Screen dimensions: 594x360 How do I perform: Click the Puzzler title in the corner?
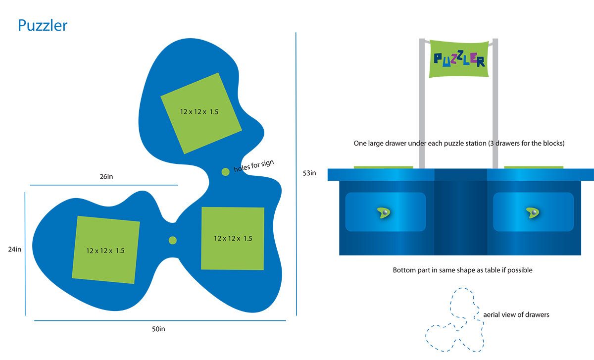[x=43, y=25]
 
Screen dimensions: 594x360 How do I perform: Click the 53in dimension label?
[x=310, y=173]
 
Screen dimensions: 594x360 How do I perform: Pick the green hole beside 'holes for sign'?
[x=225, y=172]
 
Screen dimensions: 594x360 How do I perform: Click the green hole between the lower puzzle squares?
[x=173, y=240]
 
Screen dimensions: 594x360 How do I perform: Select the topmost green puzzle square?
[x=201, y=113]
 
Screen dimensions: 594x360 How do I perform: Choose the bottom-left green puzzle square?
[x=106, y=250]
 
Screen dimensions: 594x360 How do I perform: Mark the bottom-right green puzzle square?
[x=233, y=239]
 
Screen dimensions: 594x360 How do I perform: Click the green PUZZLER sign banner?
[x=459, y=59]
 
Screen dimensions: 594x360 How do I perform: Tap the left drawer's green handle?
[x=385, y=212]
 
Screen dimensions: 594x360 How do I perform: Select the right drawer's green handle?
[x=533, y=212]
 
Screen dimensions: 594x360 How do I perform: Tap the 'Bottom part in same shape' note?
[x=462, y=270]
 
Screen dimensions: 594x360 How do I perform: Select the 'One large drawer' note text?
[x=459, y=144]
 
